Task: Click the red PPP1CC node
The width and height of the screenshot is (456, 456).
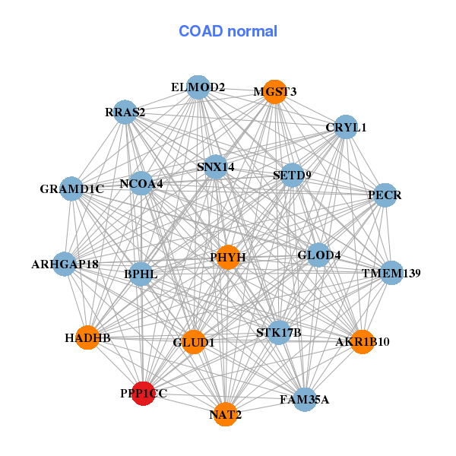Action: tap(143, 394)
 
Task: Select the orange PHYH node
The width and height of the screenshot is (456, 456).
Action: tap(229, 257)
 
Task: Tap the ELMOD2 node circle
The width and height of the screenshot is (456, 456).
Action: tap(198, 87)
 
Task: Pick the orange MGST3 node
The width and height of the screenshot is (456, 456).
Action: tap(275, 92)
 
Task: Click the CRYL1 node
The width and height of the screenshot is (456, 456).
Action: tap(346, 127)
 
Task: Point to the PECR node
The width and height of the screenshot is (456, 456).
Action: tap(385, 195)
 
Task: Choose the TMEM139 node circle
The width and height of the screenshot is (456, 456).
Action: tap(391, 273)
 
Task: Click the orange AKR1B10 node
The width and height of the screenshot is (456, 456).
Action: tap(363, 342)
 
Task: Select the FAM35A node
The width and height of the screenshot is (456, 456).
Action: tap(305, 399)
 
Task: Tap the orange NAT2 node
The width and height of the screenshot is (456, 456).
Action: tap(226, 414)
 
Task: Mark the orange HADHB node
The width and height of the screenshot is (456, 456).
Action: tap(87, 337)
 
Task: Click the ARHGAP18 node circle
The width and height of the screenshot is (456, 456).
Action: tap(65, 264)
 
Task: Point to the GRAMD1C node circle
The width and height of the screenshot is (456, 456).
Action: tap(71, 188)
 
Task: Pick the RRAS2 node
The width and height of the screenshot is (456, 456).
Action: tap(125, 112)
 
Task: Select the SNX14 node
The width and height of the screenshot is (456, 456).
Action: tap(216, 167)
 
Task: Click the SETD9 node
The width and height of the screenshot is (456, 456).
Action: tap(293, 175)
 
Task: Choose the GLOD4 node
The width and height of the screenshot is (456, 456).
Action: tap(318, 255)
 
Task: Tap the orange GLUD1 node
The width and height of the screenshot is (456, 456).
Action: tap(194, 342)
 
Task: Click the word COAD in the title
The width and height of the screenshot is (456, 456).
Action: tap(201, 31)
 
